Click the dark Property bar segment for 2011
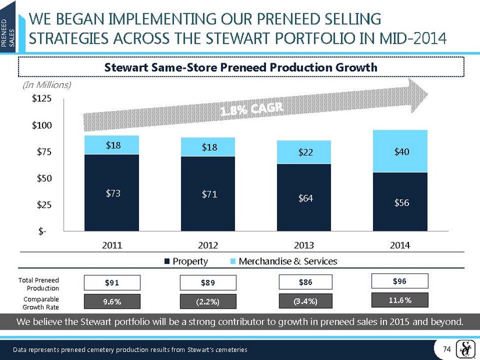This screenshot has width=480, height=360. (x=112, y=193)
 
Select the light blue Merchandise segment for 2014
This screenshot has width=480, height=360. (x=401, y=151)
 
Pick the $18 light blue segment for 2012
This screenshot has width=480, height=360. (x=209, y=147)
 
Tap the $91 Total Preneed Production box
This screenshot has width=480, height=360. (x=112, y=283)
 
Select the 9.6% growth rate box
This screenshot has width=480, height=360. (x=112, y=301)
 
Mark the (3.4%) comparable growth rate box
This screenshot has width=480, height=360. (x=305, y=301)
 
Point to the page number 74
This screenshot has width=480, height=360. (x=447, y=348)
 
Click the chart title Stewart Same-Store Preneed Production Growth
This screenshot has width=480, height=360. (x=240, y=67)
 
